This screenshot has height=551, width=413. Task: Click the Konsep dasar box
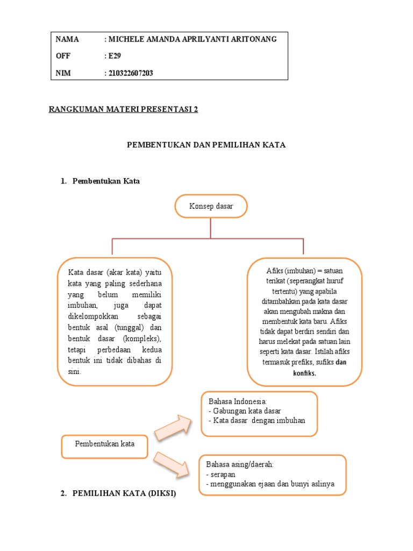pyautogui.click(x=210, y=207)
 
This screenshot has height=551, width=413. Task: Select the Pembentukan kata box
pyautogui.click(x=104, y=446)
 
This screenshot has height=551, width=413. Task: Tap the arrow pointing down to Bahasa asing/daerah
pyautogui.click(x=173, y=464)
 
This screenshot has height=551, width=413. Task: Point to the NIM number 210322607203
pyautogui.click(x=131, y=73)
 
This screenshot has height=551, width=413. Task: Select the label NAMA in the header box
pyautogui.click(x=67, y=39)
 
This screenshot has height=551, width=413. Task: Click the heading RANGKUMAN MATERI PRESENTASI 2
pyautogui.click(x=123, y=110)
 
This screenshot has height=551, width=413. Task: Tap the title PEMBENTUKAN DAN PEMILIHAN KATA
pyautogui.click(x=206, y=145)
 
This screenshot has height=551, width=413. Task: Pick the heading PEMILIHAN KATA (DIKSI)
pyautogui.click(x=124, y=493)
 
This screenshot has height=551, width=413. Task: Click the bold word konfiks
pyautogui.click(x=304, y=373)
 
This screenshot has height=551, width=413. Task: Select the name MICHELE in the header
pyautogui.click(x=129, y=39)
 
